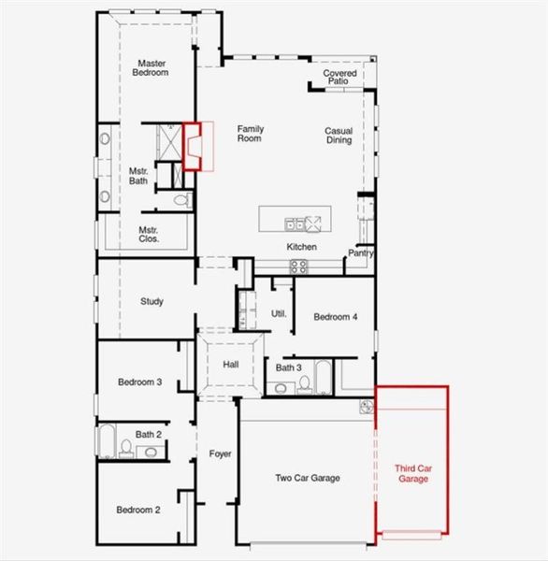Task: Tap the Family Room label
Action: [250, 134]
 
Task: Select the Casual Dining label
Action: [339, 136]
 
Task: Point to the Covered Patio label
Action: [339, 78]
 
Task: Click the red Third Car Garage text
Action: [411, 473]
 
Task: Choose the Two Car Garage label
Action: [307, 478]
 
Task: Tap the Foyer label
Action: [220, 454]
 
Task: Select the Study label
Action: [151, 301]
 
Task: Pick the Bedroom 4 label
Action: [335, 317]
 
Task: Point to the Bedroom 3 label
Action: [140, 381]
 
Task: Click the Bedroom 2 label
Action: [138, 510]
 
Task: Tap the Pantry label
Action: [362, 252]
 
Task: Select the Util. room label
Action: [278, 314]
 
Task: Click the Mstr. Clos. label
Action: [149, 234]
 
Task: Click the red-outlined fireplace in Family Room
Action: [193, 147]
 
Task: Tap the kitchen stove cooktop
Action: [299, 266]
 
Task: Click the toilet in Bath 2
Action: [125, 449]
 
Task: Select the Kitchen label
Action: [301, 247]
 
